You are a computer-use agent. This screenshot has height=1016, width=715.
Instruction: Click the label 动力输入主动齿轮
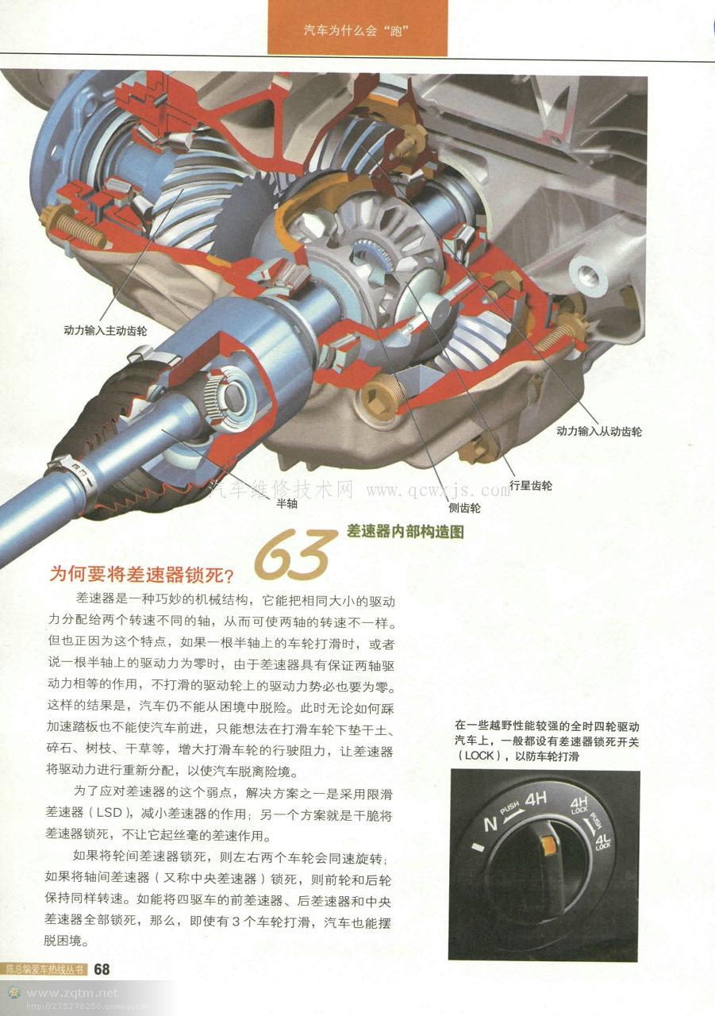[x=106, y=330]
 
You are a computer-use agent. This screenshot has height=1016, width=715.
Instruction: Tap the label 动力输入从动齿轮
[x=598, y=431]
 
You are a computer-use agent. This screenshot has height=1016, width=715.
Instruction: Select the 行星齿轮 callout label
[x=531, y=485]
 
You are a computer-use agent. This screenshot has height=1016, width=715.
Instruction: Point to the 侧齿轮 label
[x=464, y=507]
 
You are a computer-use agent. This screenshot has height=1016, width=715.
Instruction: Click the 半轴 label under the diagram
[x=286, y=503]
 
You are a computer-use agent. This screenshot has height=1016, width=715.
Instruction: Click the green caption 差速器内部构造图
[x=406, y=531]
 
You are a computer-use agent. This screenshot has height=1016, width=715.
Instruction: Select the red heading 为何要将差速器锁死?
[x=141, y=574]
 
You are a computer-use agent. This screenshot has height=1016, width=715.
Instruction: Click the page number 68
[x=102, y=969]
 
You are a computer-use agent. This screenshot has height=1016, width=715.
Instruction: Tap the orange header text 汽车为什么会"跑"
[x=356, y=31]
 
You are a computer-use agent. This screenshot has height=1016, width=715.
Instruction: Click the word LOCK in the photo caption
[x=479, y=756]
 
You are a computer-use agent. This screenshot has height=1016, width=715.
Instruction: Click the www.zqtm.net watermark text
[x=72, y=993]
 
